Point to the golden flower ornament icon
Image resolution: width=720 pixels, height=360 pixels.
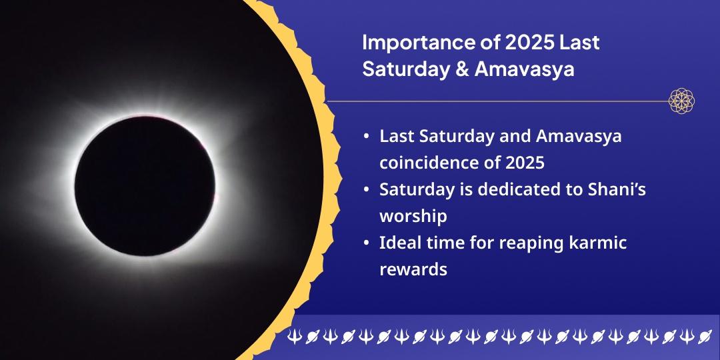coord(682,101)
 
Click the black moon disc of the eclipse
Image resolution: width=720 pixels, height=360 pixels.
coord(145,185)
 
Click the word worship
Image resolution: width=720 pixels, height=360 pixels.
coord(413,217)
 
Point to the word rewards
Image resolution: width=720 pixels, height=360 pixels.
coord(413,270)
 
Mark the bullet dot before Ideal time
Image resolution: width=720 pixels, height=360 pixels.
coord(366,243)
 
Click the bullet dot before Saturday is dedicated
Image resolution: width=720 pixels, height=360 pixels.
coord(366,190)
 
